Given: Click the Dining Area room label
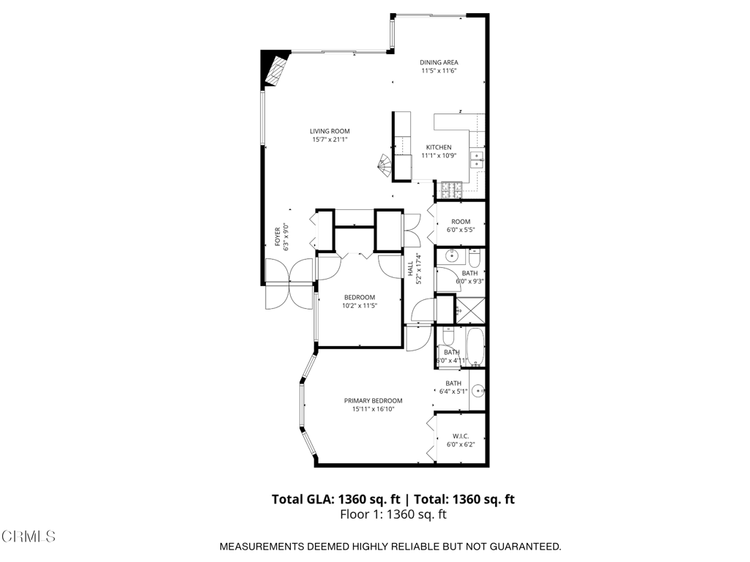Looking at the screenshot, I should [439, 62].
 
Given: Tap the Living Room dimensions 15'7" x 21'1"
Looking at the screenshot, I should [330, 139].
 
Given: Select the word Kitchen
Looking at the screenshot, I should [439, 147].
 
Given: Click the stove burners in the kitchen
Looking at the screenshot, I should [450, 190].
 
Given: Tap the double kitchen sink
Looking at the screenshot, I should [476, 160].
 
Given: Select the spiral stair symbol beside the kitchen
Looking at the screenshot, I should [385, 165].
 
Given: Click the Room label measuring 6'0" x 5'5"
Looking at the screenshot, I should [460, 222].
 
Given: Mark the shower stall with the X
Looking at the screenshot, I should [470, 310].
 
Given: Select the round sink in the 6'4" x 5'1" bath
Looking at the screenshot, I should [478, 391].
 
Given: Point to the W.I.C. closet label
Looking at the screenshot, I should [460, 436].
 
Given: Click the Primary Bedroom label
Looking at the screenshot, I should [374, 400].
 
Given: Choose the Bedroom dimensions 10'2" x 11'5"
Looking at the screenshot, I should [359, 306].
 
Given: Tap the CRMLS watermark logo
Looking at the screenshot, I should [29, 536].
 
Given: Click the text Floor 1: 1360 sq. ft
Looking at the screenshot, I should [393, 514].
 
